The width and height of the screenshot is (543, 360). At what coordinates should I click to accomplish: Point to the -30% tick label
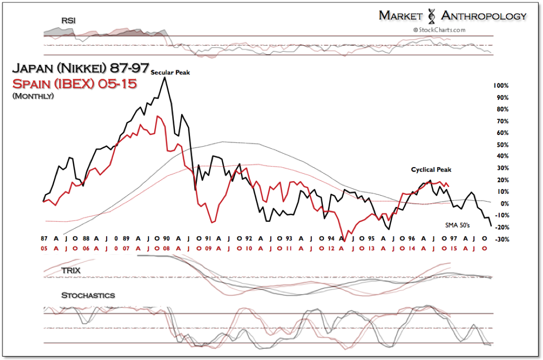coord(501,239)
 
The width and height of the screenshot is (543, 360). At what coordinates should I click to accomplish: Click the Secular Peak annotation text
coord(170,73)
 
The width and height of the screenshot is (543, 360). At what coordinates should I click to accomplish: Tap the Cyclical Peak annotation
coord(431,170)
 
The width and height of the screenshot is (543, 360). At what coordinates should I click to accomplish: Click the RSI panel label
coord(68,20)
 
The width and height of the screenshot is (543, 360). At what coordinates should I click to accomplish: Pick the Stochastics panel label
coord(88,295)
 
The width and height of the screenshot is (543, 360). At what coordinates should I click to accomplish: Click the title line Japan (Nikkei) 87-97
coord(81,68)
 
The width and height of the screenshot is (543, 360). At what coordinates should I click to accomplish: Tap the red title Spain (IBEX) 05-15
coord(74,83)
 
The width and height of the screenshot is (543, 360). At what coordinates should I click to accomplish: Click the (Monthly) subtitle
coord(33,96)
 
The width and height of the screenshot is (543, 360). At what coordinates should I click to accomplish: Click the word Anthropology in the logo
coord(483,16)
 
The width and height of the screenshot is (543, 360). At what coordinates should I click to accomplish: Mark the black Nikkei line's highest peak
coord(164,77)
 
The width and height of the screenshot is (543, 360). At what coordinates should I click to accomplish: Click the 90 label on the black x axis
coord(167,239)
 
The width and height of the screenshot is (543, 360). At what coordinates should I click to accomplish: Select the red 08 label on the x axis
coord(167,248)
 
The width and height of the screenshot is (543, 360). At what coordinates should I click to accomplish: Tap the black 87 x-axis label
coord(44,239)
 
